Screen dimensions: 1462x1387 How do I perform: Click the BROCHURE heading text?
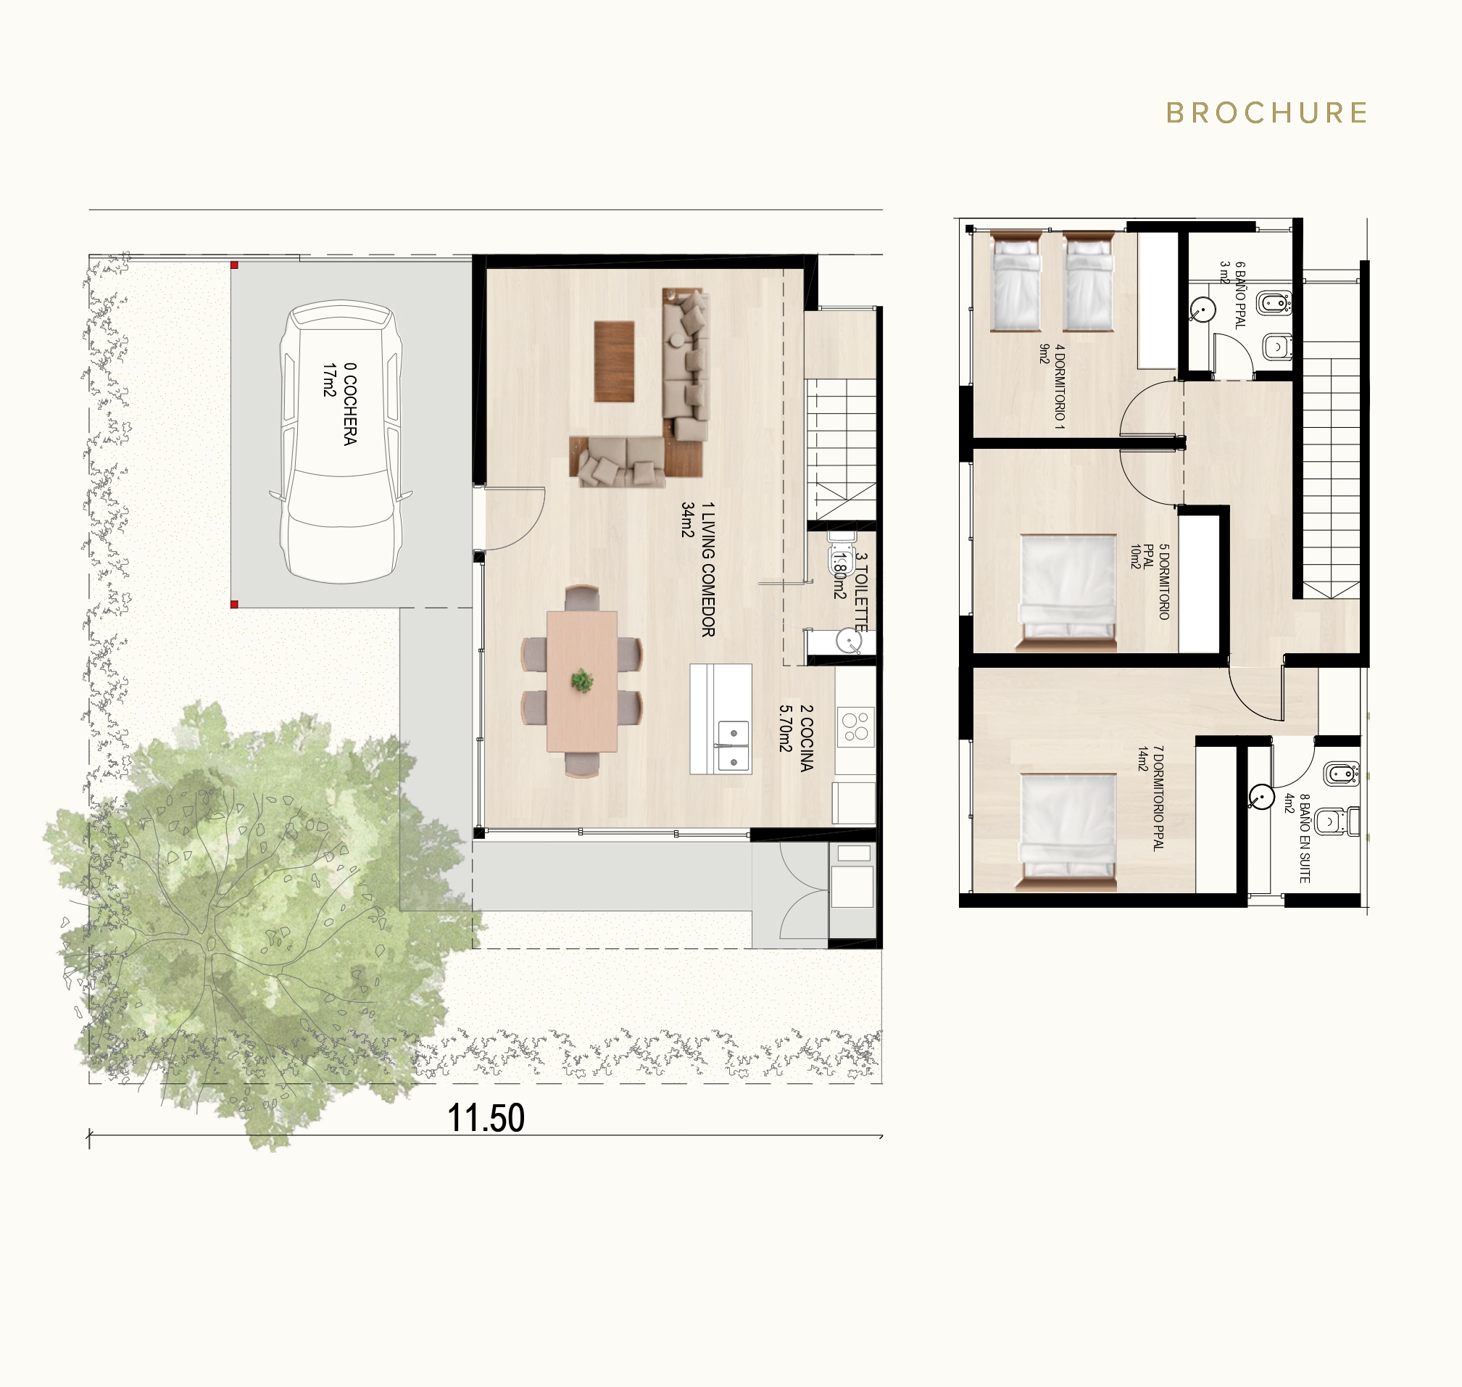pyautogui.click(x=1267, y=113)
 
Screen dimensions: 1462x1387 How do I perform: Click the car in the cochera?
pyautogui.click(x=341, y=442)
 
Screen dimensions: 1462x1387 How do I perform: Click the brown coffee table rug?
pyautogui.click(x=614, y=362)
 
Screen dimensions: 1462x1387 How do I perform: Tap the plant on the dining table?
pyautogui.click(x=583, y=680)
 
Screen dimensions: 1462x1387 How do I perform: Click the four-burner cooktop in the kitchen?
pyautogui.click(x=856, y=725)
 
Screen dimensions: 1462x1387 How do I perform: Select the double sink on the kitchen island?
pyautogui.click(x=732, y=745)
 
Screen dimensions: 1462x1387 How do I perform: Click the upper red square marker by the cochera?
pyautogui.click(x=233, y=265)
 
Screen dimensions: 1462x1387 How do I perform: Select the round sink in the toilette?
pyautogui.click(x=849, y=640)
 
